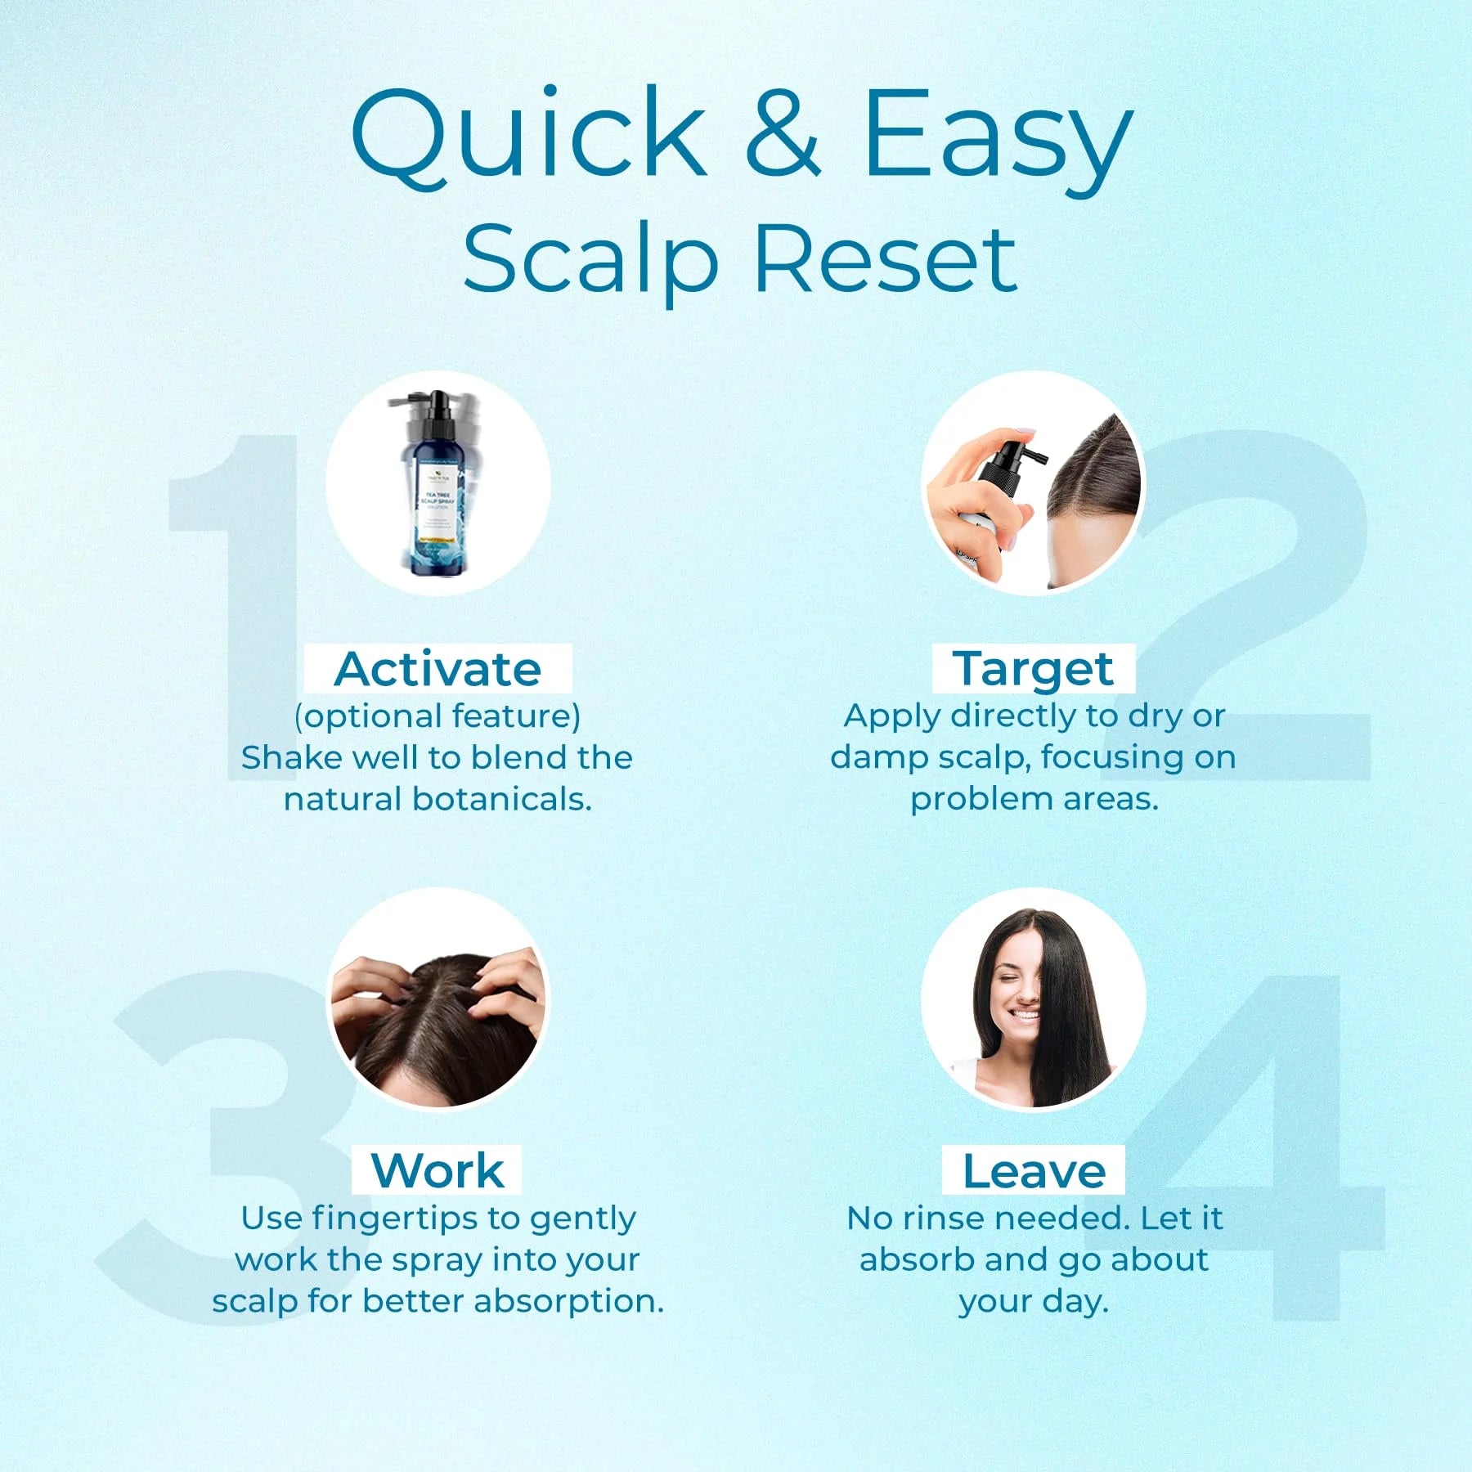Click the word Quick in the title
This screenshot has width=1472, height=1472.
528,133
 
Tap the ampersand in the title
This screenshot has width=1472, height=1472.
783,133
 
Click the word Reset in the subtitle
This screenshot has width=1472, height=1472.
886,259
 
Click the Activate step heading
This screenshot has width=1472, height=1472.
438,669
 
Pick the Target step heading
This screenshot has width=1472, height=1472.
1033,669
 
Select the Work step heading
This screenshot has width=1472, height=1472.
438,1170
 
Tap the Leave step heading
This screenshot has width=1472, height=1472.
1034,1170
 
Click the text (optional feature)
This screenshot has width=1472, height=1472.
438,716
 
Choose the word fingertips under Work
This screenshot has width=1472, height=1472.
416,1218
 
